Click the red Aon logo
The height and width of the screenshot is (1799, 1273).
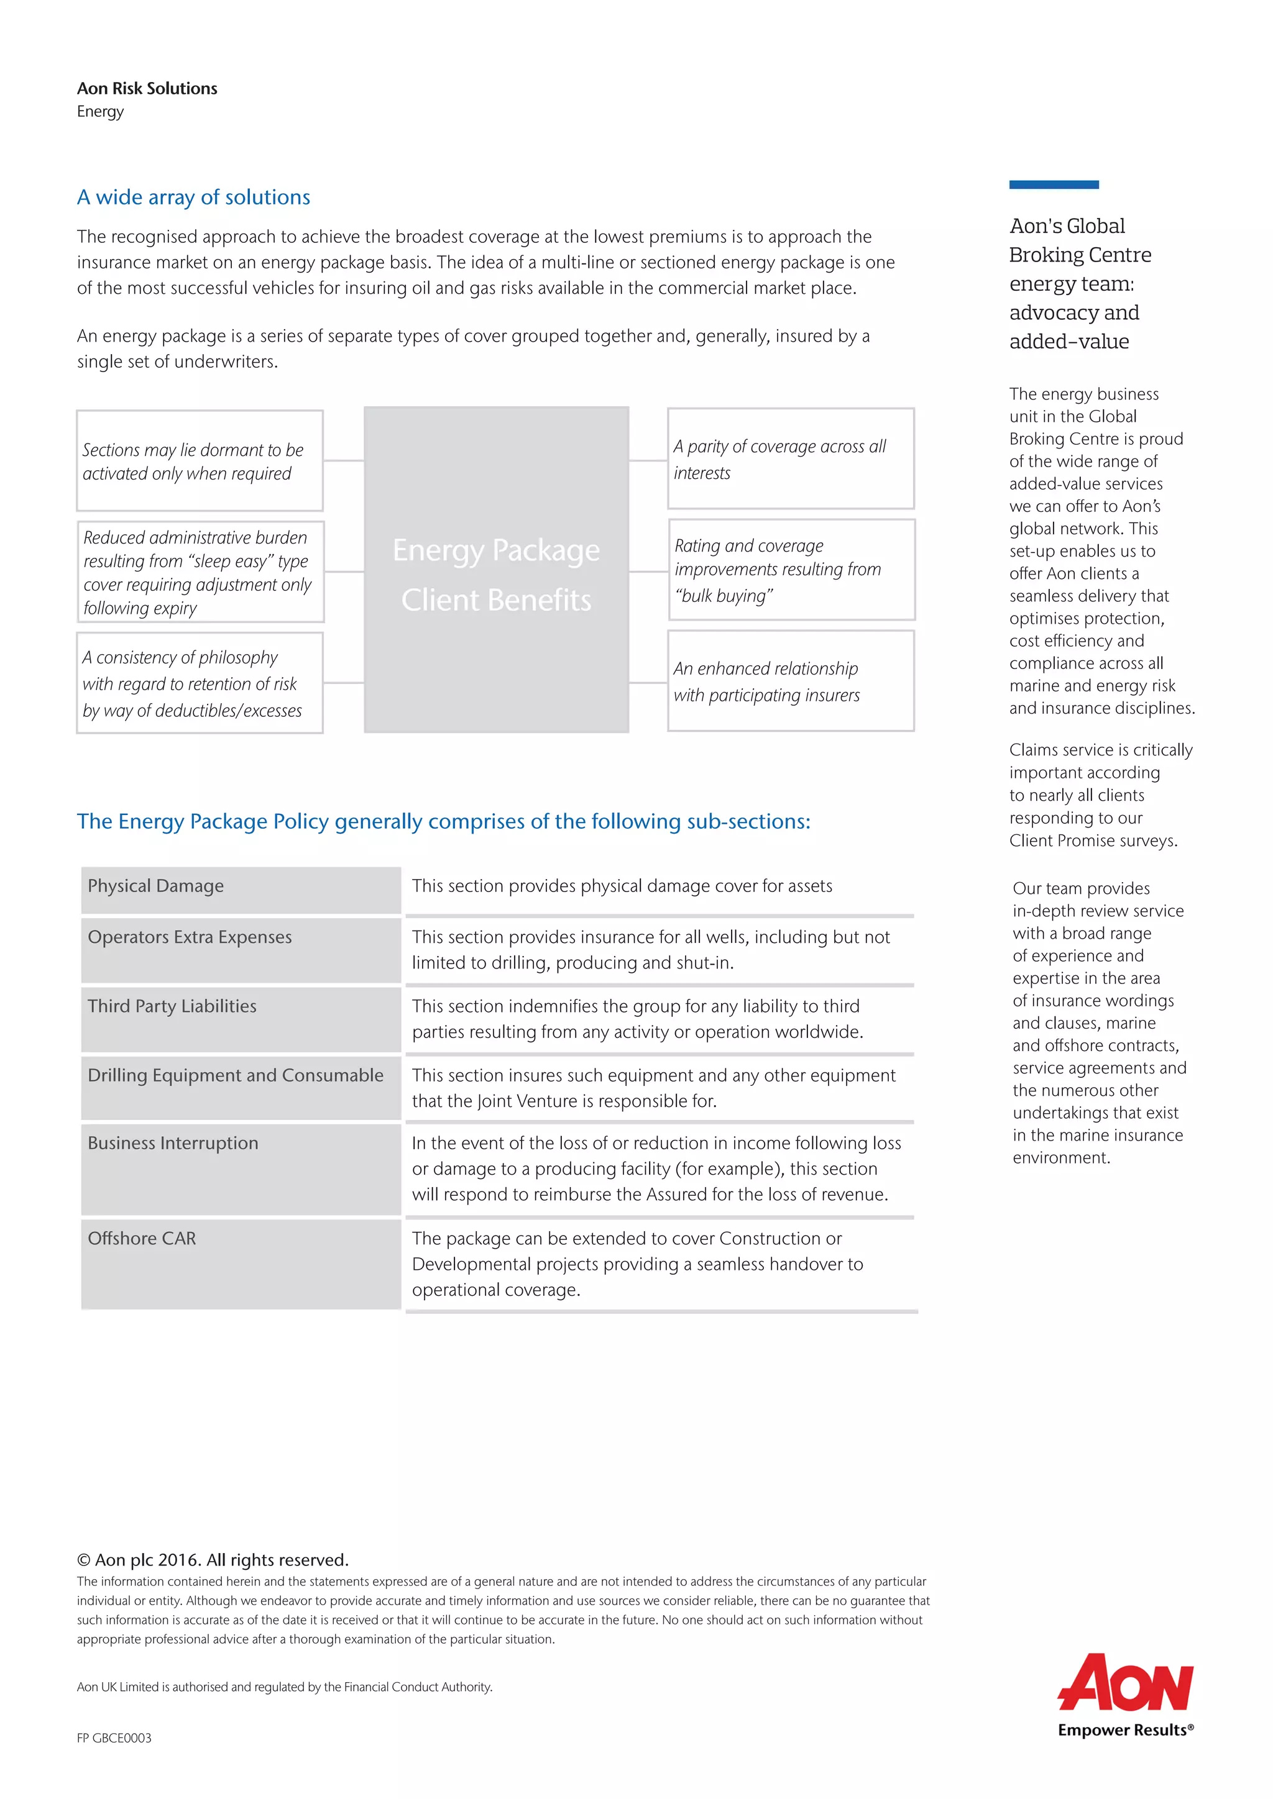tap(1125, 1683)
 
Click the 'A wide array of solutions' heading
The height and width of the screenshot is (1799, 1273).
tap(193, 197)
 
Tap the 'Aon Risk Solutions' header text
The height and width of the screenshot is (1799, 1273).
tap(147, 89)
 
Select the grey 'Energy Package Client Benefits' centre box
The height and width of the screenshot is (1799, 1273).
tap(496, 570)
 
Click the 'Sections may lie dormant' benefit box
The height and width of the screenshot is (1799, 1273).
tap(200, 461)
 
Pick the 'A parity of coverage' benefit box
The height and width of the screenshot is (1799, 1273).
tap(790, 458)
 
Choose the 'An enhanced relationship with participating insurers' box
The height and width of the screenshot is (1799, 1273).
tap(790, 681)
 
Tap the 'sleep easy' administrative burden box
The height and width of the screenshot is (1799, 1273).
tap(200, 572)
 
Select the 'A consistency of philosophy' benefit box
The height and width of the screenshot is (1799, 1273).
tap(200, 683)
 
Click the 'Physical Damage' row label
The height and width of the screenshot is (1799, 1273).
tap(156, 886)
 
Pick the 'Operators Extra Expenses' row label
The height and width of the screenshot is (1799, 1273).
tap(190, 937)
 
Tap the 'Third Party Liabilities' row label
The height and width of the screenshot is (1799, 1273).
tap(172, 1006)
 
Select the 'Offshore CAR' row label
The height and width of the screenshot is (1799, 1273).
tap(142, 1239)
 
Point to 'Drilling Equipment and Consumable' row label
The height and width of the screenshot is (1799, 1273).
tap(236, 1075)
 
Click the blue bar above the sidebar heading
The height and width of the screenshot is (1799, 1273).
tap(1054, 185)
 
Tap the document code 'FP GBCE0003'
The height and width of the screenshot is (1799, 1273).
tap(114, 1738)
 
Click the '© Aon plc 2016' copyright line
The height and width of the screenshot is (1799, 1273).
tap(213, 1560)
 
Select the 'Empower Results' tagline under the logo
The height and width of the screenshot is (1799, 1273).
tap(1125, 1730)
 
